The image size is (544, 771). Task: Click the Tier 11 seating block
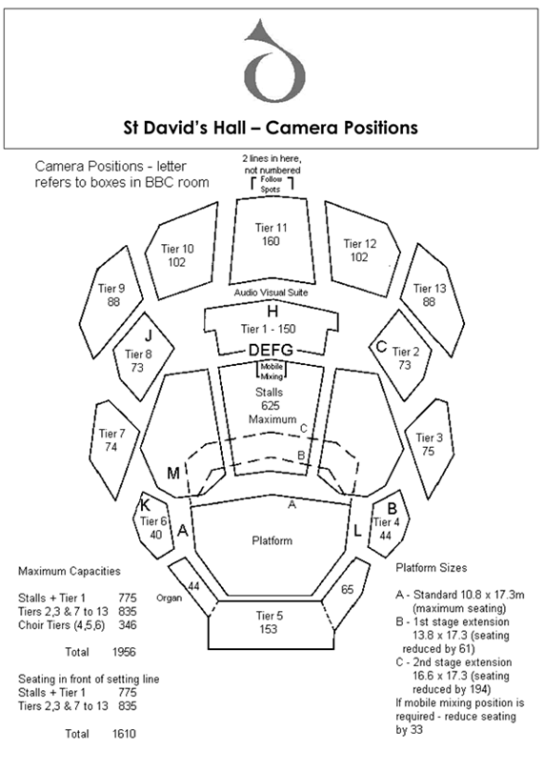pyautogui.click(x=272, y=240)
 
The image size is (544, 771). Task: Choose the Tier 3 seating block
pyautogui.click(x=429, y=445)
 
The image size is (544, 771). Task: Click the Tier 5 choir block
pyautogui.click(x=272, y=623)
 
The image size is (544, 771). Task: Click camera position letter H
pyautogui.click(x=272, y=312)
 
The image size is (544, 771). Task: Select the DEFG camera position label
pyautogui.click(x=271, y=350)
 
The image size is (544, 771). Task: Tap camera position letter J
pyautogui.click(x=148, y=336)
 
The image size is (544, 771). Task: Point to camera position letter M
pyautogui.click(x=173, y=473)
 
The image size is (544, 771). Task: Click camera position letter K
pyautogui.click(x=146, y=505)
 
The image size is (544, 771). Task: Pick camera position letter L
pyautogui.click(x=358, y=531)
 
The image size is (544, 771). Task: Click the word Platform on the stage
pyautogui.click(x=272, y=541)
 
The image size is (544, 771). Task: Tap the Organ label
pyautogui.click(x=169, y=598)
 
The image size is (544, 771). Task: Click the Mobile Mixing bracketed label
pyautogui.click(x=272, y=372)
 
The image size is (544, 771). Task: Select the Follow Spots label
pyautogui.click(x=272, y=184)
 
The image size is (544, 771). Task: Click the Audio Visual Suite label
pyautogui.click(x=271, y=293)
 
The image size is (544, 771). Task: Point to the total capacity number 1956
pyautogui.click(x=124, y=652)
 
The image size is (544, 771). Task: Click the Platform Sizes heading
pyautogui.click(x=432, y=568)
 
